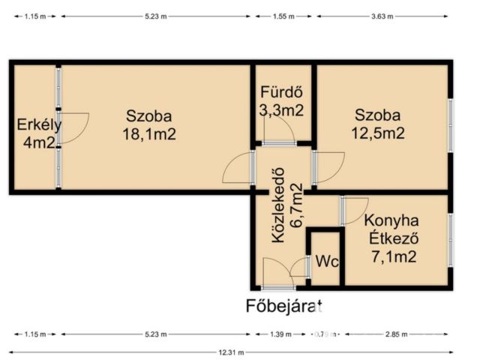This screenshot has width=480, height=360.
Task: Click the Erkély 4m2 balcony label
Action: (x=39, y=133)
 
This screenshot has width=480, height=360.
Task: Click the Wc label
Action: (x=325, y=263)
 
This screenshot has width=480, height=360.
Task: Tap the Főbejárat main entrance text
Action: (x=284, y=305)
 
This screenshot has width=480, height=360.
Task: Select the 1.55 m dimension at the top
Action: (x=283, y=15)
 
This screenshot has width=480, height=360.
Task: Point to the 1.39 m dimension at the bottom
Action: (x=281, y=334)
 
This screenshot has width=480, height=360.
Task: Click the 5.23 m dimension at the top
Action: (x=157, y=15)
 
